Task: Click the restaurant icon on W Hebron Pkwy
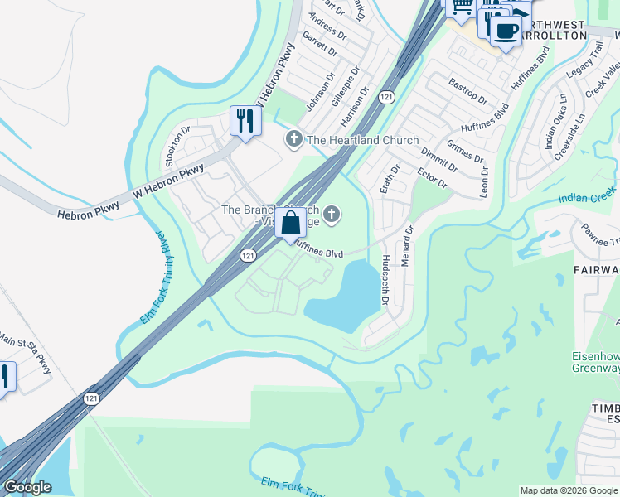coord(245,121)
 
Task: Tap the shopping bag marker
coord(291,223)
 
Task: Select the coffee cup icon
coord(505,31)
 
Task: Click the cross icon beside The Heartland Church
coord(293,139)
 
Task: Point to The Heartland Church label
coord(363,140)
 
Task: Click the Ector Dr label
coord(432,177)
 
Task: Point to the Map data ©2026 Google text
coord(568,490)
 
